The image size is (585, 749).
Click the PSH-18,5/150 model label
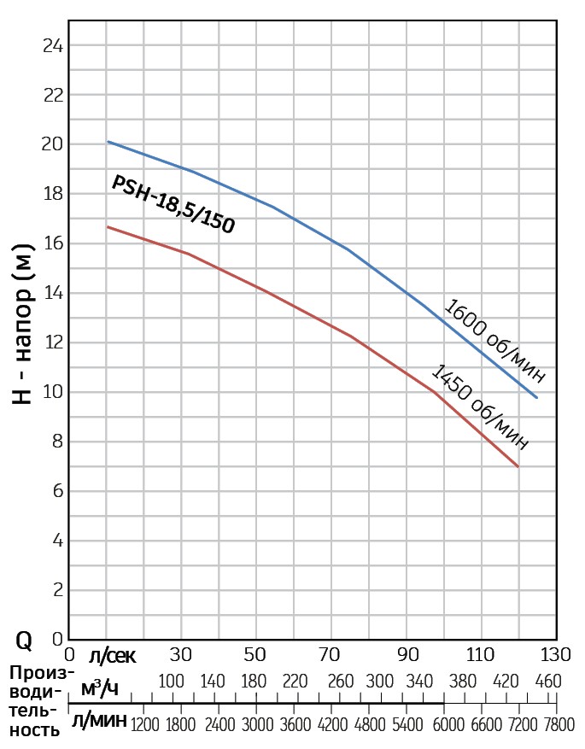point(173,204)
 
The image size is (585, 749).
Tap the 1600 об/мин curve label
point(493,342)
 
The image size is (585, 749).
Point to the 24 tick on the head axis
point(53,45)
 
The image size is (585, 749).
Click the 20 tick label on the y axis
point(53,144)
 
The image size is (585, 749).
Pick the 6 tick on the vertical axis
point(57,491)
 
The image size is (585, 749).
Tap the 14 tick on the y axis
point(53,293)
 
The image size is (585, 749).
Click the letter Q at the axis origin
point(25,640)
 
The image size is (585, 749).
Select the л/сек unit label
point(112,656)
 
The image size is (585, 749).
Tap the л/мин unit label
point(99,722)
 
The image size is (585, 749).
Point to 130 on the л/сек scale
point(555,656)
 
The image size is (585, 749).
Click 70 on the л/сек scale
point(330,656)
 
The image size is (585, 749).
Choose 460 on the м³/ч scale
point(547,682)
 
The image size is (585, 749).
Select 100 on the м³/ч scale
point(172,682)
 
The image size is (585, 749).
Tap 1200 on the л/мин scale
point(144,724)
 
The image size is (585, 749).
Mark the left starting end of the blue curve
point(107,142)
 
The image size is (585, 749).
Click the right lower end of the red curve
point(518,466)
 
